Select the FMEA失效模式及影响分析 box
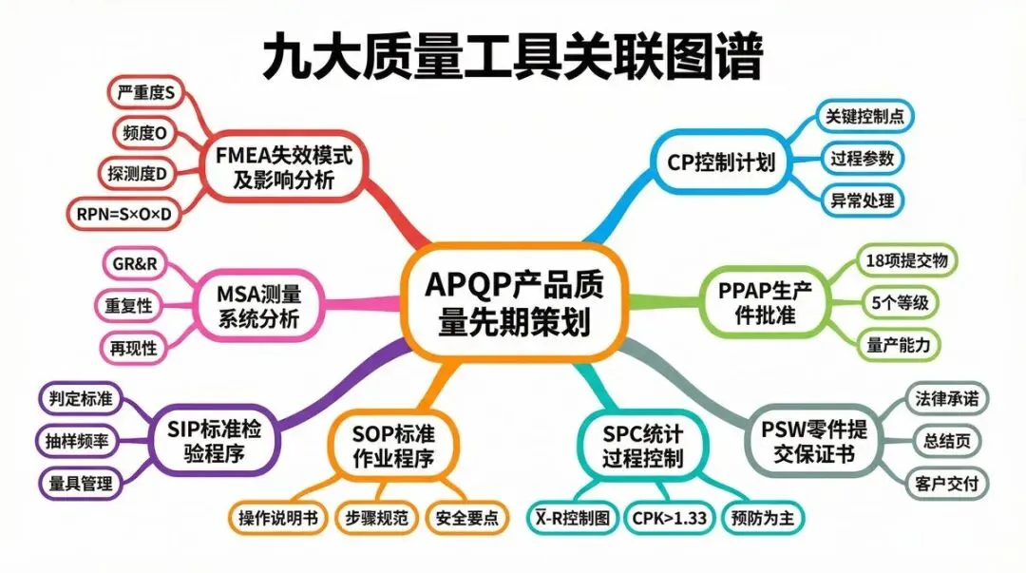[284, 167]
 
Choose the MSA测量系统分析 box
[257, 304]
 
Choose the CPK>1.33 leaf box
[669, 519]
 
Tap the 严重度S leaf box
[145, 93]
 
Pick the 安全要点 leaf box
[466, 519]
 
